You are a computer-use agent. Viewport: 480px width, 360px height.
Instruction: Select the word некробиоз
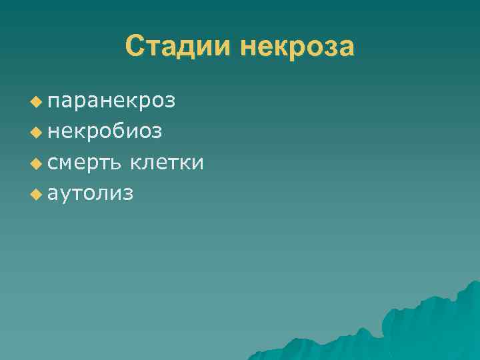coord(105,132)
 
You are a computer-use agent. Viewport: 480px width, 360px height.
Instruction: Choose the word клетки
coord(167,163)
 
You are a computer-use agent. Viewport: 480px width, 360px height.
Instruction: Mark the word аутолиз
coord(91,193)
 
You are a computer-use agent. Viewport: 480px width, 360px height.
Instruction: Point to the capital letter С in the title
coord(134,47)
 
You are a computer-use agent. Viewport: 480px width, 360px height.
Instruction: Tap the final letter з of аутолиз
coord(128,194)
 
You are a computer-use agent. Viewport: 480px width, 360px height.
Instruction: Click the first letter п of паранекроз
coord(54,103)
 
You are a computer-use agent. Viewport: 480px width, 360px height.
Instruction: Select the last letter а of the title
coord(346,49)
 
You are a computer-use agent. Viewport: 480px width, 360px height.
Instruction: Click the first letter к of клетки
coord(136,163)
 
